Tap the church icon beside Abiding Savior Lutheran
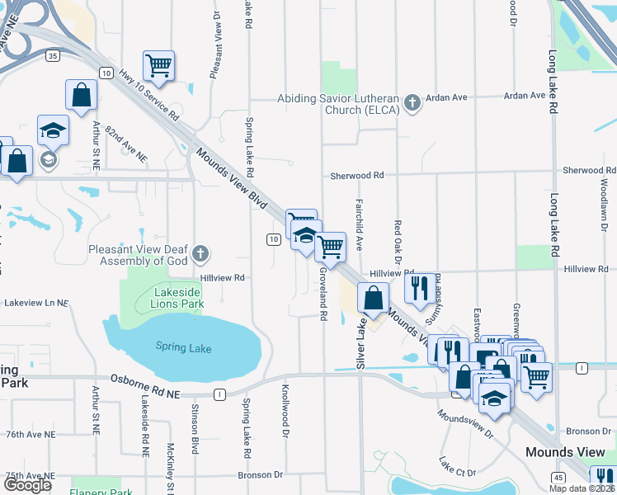[412, 104]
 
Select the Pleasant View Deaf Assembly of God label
[139, 255]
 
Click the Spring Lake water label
[183, 348]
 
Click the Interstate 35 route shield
[53, 56]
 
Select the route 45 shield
[558, 478]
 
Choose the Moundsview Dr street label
[467, 421]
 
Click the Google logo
[27, 485]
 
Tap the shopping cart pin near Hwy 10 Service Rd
[158, 65]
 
